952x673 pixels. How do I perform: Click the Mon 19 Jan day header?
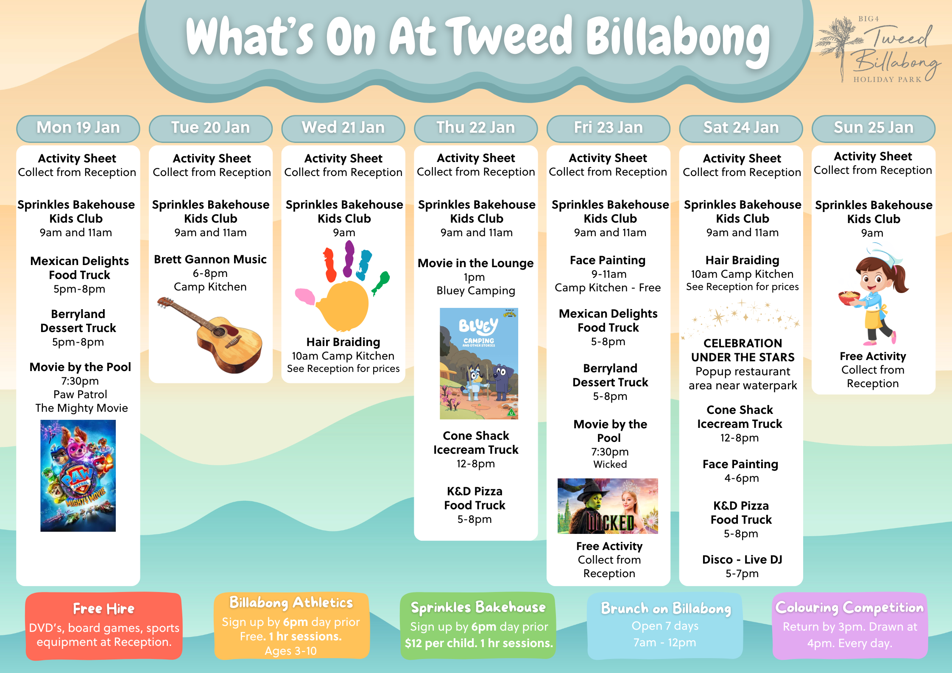pyautogui.click(x=78, y=128)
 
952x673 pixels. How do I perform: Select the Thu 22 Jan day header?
pyautogui.click(x=476, y=128)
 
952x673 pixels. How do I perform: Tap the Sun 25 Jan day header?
pyautogui.click(x=874, y=128)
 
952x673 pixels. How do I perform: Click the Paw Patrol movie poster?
pyautogui.click(x=78, y=475)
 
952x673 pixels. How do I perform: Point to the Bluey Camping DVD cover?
pyautogui.click(x=479, y=363)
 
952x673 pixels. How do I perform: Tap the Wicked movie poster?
pyautogui.click(x=608, y=506)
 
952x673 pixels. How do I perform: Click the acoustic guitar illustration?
pyautogui.click(x=211, y=335)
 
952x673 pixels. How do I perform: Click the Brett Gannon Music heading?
pyautogui.click(x=210, y=259)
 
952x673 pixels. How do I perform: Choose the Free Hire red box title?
pyautogui.click(x=103, y=609)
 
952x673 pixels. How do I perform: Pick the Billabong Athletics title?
pyautogui.click(x=291, y=602)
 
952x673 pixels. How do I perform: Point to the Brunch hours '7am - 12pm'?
pyautogui.click(x=664, y=642)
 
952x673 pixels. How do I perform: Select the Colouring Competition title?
pyautogui.click(x=849, y=607)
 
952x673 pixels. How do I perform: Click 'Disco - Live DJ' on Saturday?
pyautogui.click(x=742, y=560)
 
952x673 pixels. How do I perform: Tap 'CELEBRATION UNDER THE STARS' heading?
pyautogui.click(x=743, y=350)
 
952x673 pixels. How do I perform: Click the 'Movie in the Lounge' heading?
pyautogui.click(x=476, y=263)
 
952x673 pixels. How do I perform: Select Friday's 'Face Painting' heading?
pyautogui.click(x=608, y=260)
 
